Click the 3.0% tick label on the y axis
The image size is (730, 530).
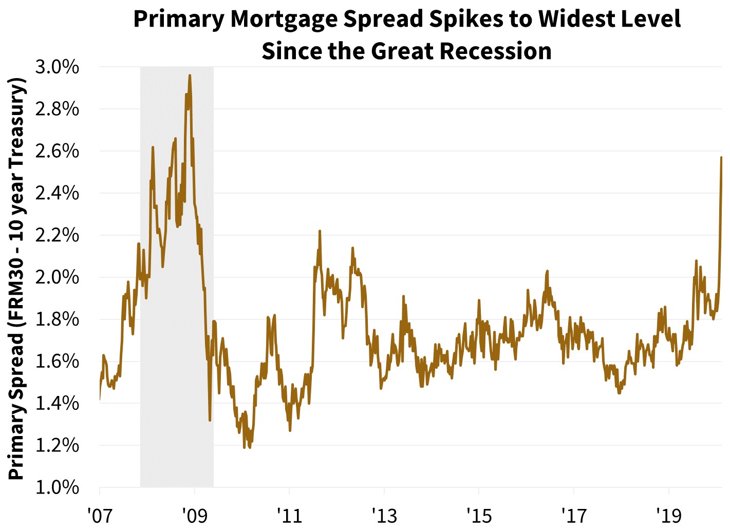coord(57,67)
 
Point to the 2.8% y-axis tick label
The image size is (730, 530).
coord(57,109)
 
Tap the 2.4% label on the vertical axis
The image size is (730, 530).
coord(57,193)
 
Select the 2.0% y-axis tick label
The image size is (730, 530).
coord(57,277)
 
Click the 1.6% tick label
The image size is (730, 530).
coord(57,361)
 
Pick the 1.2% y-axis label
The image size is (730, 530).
coord(57,445)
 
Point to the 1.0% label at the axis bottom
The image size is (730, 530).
coord(57,487)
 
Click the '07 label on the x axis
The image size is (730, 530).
coord(99,515)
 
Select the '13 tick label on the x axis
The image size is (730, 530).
coord(384,515)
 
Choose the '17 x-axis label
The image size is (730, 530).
coord(573,515)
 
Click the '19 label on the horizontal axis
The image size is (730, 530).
coord(668,515)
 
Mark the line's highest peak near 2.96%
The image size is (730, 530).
coord(190,75)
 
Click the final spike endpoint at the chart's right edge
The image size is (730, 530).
coord(721,158)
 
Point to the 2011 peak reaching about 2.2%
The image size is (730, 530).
coord(320,231)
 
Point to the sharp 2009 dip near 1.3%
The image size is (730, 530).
coord(210,421)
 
